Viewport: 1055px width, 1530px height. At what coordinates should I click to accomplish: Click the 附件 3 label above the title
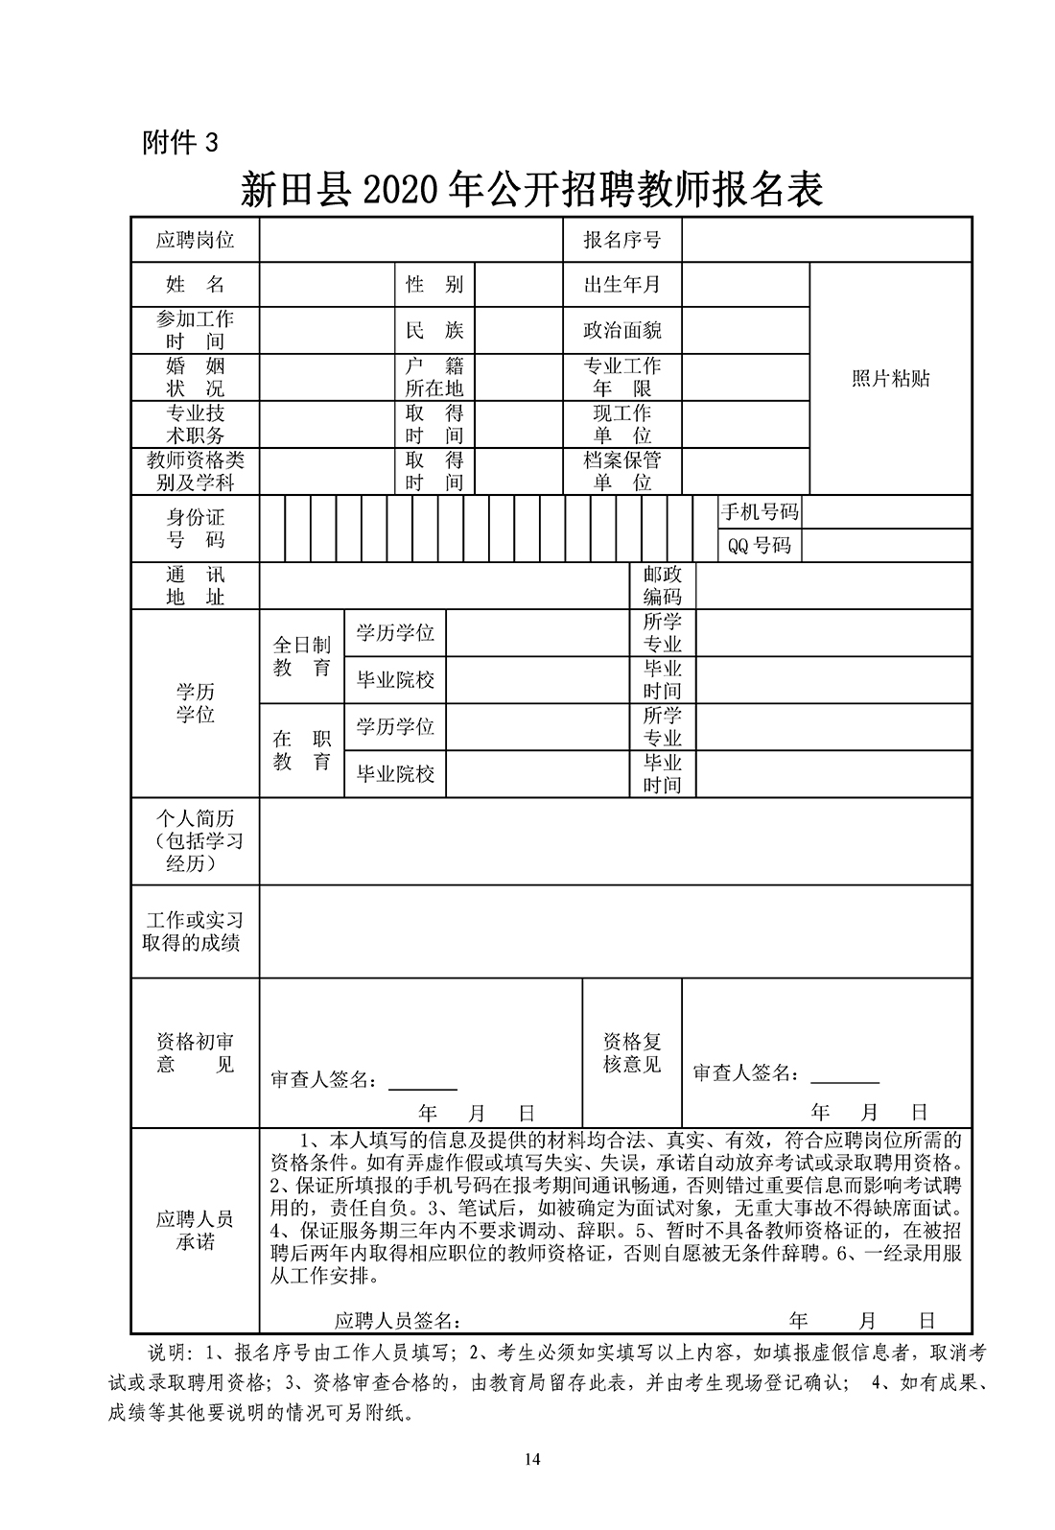coord(180,143)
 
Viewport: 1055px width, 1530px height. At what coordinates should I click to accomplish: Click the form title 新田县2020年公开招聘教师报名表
coord(532,191)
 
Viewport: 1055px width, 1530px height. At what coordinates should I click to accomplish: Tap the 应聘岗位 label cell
coord(195,240)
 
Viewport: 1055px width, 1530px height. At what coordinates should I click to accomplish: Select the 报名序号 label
coord(621,240)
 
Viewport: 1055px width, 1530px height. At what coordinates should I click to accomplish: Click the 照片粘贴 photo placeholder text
coord(890,378)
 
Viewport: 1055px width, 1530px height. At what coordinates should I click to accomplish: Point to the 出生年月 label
coord(621,284)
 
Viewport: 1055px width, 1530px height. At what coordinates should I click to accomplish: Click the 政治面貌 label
coord(621,331)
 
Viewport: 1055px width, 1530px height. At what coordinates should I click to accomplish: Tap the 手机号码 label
coord(759,511)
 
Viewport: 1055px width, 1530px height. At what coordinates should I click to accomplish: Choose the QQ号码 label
coord(759,546)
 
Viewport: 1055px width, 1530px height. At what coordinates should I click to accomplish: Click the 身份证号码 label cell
coord(195,529)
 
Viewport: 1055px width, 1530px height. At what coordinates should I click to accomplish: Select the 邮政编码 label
coord(662,585)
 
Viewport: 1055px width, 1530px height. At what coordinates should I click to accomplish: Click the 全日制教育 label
coord(301,657)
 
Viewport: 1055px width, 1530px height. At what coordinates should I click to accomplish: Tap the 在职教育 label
coord(301,750)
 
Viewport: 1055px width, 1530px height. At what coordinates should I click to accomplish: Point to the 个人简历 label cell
coord(195,840)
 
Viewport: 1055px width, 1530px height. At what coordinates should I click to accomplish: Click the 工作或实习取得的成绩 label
coord(195,930)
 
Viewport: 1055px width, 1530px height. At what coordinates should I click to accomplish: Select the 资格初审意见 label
coord(195,1052)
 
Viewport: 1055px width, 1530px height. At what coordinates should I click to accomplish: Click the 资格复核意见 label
coord(632,1052)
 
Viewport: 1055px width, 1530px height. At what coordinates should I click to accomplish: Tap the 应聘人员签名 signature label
coord(397,1321)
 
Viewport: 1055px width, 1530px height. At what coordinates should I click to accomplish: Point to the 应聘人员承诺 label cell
coord(195,1231)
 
